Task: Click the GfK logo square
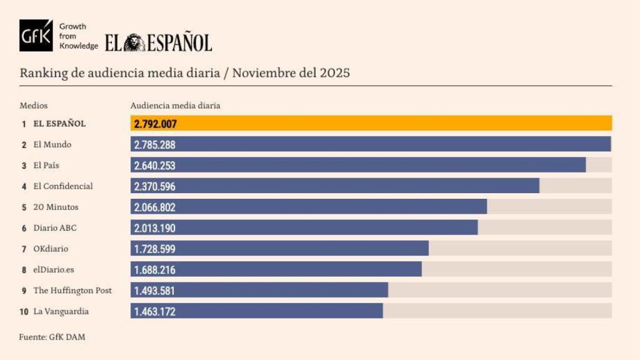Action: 36,36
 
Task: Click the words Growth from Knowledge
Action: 78,36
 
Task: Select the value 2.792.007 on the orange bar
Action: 156,124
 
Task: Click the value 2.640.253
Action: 155,166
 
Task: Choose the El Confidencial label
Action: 62,186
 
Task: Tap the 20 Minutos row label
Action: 56,207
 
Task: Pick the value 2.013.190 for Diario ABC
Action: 155,228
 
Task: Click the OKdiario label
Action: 51,249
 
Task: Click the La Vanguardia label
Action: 61,311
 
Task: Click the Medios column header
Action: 34,106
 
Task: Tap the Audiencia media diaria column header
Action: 175,106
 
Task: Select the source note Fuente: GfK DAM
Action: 52,337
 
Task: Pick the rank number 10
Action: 24,311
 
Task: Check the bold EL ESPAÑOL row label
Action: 59,124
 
